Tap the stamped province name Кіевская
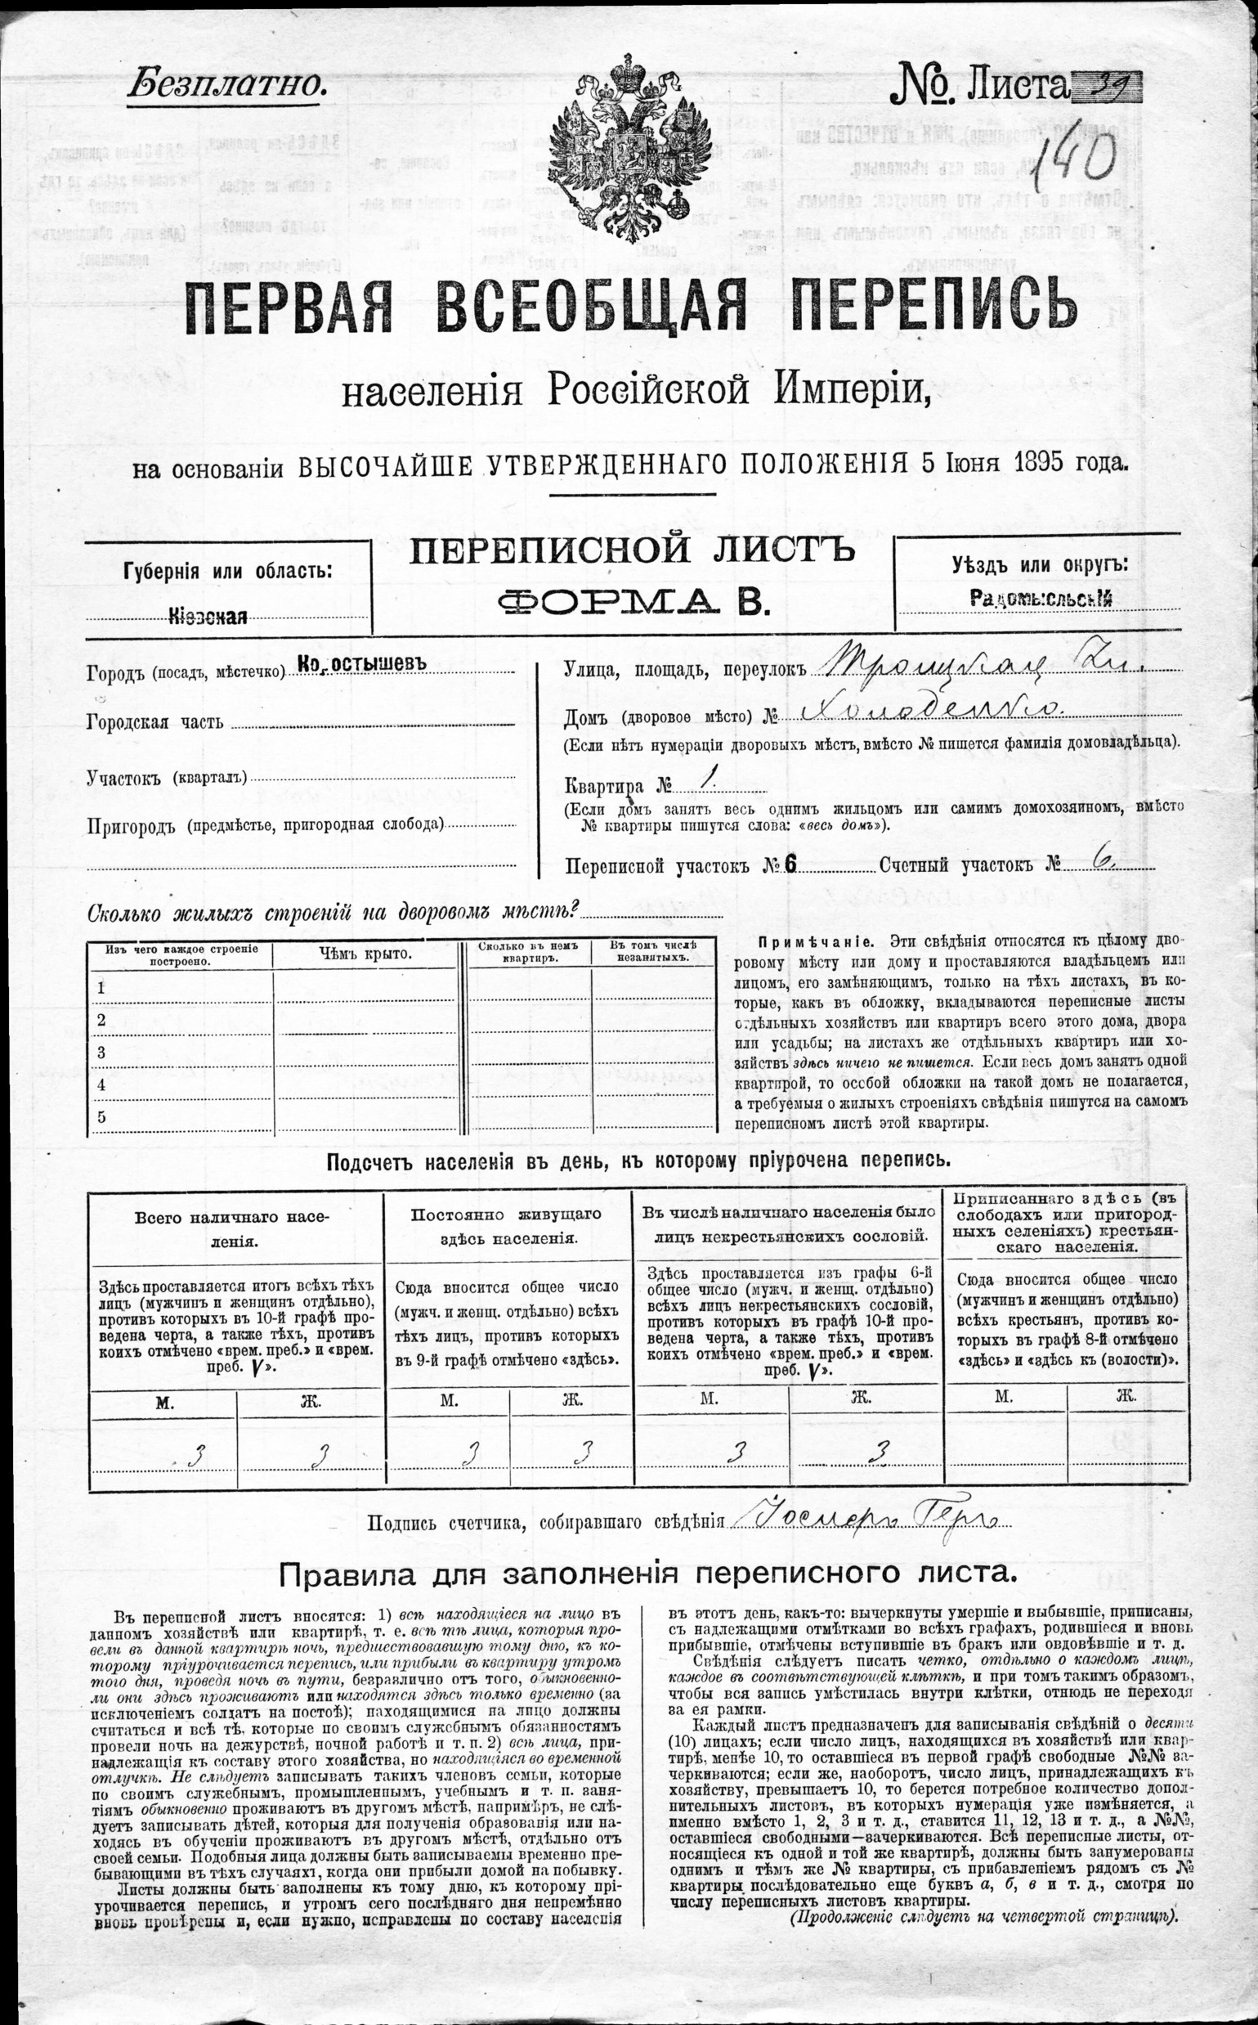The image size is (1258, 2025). (x=208, y=616)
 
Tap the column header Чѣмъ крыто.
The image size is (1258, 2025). (x=365, y=954)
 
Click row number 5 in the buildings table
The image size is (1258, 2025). (x=101, y=1117)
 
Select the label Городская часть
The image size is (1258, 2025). (x=154, y=722)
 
